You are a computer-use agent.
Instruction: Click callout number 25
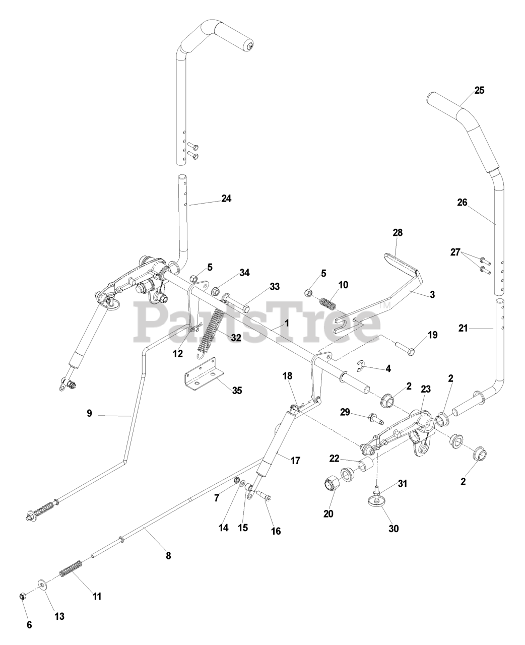point(479,91)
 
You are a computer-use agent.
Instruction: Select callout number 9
point(89,413)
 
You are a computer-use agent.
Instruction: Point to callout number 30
point(393,529)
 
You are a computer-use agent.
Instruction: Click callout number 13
point(60,616)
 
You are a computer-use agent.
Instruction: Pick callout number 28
point(398,232)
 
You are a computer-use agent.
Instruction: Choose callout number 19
point(418,335)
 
